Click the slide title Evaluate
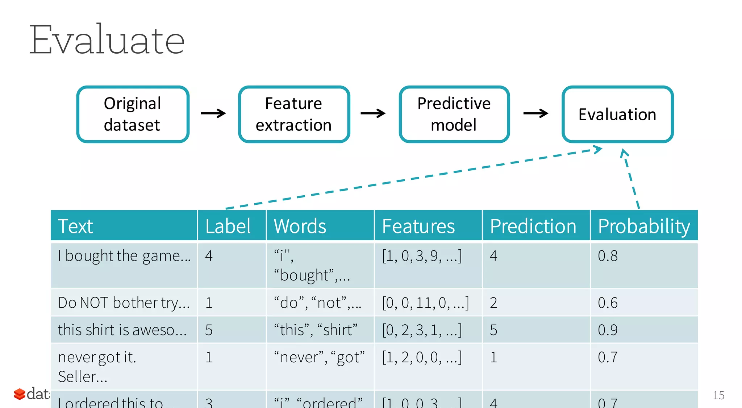tap(107, 40)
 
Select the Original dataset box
tap(133, 114)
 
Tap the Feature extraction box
tap(294, 114)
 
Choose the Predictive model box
tap(454, 114)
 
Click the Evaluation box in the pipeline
tap(617, 114)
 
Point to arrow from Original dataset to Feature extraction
tap(213, 113)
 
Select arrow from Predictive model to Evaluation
tap(535, 113)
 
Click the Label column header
tap(228, 226)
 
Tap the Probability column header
tap(644, 226)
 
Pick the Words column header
tap(300, 226)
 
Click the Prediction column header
tap(533, 226)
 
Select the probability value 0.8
tap(608, 256)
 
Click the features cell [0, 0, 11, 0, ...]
tap(425, 303)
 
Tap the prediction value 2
tap(493, 303)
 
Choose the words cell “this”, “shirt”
tap(316, 330)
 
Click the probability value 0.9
tap(608, 330)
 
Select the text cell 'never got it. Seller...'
tap(97, 367)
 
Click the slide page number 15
tap(718, 395)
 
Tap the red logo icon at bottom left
tap(20, 394)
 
